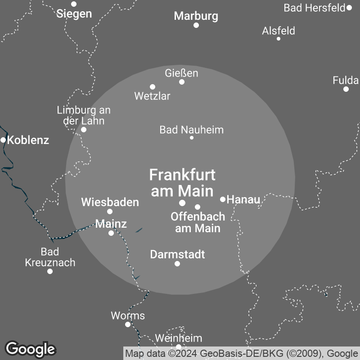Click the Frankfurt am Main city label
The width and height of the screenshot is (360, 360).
[182, 182]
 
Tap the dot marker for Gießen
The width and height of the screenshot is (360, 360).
[182, 82]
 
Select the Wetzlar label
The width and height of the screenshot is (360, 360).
[152, 96]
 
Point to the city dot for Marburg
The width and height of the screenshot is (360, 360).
[196, 25]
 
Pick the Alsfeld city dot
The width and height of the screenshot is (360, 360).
[279, 39]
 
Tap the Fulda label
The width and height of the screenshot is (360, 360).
[346, 81]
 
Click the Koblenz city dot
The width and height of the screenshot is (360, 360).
[3, 140]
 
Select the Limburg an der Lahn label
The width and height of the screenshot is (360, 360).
[84, 115]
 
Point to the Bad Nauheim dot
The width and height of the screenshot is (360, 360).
[192, 137]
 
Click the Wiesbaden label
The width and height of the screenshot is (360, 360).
[110, 202]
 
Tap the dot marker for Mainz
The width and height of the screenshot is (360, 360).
[111, 233]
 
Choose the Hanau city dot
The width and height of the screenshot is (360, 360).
[223, 199]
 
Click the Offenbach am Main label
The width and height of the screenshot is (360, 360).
[198, 222]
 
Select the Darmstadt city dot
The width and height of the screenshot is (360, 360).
[177, 264]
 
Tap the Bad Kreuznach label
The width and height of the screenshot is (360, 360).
[50, 257]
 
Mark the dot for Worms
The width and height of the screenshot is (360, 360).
[128, 324]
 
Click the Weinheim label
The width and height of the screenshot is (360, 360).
[178, 338]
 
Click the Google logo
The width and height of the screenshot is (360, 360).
[31, 349]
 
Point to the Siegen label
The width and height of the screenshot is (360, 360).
[74, 13]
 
